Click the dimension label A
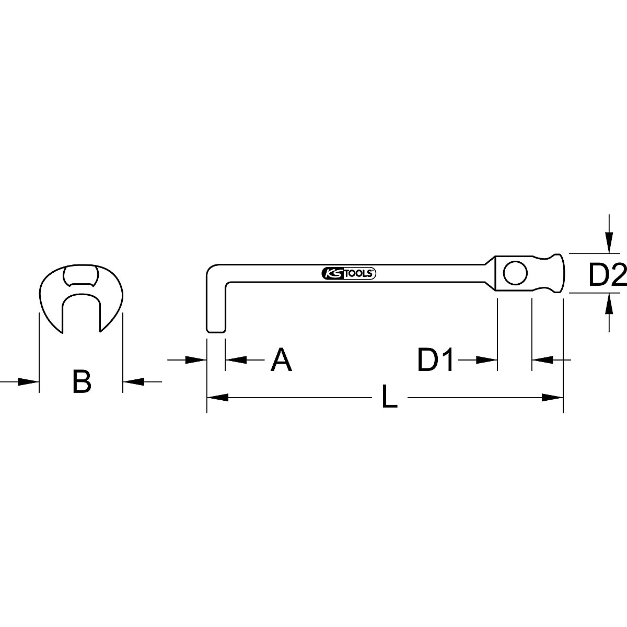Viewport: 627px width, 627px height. click(281, 360)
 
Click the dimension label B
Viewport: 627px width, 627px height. click(81, 381)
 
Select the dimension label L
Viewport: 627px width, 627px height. click(389, 398)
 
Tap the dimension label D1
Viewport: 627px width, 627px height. click(436, 360)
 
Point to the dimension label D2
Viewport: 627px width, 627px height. click(607, 275)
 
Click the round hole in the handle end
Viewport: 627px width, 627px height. click(502, 272)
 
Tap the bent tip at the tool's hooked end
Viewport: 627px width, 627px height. click(216, 324)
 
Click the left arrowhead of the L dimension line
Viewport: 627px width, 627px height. click(217, 398)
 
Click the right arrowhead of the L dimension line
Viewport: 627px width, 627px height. click(553, 398)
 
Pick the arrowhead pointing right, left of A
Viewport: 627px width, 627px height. click(198, 359)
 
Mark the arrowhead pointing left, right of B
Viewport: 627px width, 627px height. click(132, 382)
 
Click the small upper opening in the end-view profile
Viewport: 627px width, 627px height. click(80, 275)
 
